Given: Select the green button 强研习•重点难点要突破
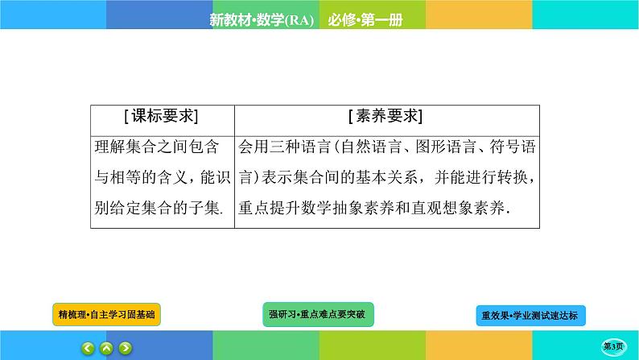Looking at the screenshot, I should click(319, 312).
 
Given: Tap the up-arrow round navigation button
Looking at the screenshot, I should click(106, 348).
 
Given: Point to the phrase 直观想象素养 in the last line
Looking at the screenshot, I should click(462, 208).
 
